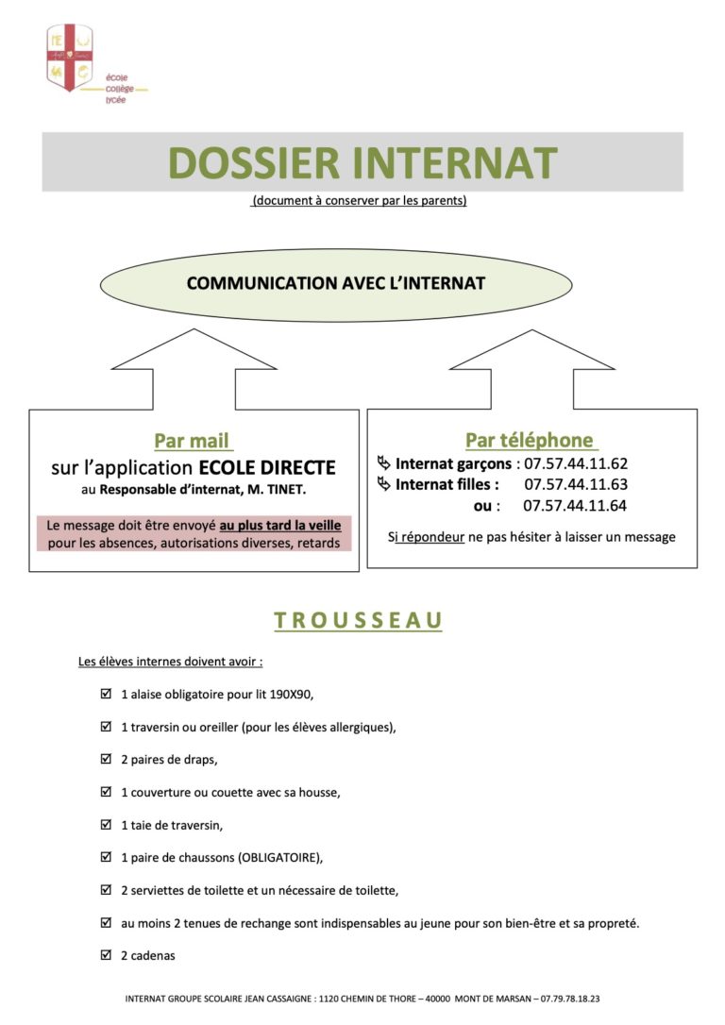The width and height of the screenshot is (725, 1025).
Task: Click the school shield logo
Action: pyautogui.click(x=69, y=58)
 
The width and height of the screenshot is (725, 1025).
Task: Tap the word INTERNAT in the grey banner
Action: pyautogui.click(x=455, y=162)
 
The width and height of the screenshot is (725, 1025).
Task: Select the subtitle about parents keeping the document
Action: pyautogui.click(x=359, y=201)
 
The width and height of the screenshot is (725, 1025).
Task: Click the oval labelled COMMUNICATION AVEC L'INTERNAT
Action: pyautogui.click(x=336, y=284)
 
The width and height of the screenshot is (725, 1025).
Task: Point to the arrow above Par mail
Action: pyautogui.click(x=194, y=369)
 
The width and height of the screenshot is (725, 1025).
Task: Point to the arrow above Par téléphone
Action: pyautogui.click(x=531, y=369)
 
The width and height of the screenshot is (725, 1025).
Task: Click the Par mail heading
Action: pyautogui.click(x=193, y=441)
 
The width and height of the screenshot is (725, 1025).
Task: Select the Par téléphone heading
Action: pyautogui.click(x=531, y=441)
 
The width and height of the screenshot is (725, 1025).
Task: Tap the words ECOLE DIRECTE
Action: pyautogui.click(x=267, y=468)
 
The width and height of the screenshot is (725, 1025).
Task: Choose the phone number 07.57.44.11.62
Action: pyautogui.click(x=575, y=464)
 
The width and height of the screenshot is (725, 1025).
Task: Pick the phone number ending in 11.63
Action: pyautogui.click(x=575, y=484)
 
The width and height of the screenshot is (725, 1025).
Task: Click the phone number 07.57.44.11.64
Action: pyautogui.click(x=575, y=505)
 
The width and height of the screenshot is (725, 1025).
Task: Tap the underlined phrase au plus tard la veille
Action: pyautogui.click(x=279, y=526)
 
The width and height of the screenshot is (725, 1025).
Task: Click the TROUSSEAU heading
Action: pyautogui.click(x=358, y=620)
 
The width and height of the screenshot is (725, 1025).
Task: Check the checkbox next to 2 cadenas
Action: pyautogui.click(x=106, y=955)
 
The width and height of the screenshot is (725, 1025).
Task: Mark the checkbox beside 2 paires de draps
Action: pyautogui.click(x=106, y=759)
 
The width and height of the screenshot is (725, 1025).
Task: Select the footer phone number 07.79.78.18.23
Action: pyautogui.click(x=569, y=999)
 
